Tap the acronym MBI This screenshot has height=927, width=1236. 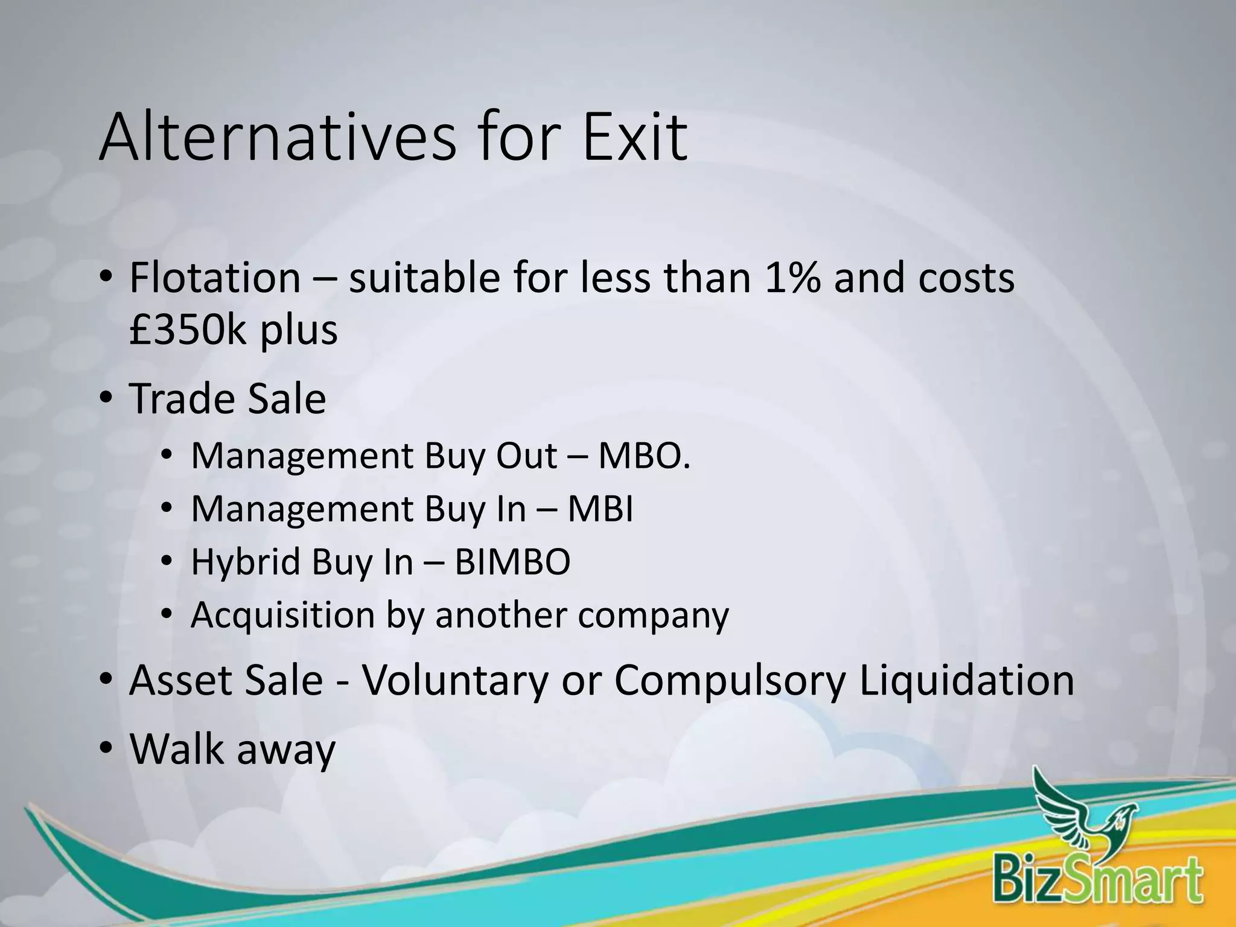pyautogui.click(x=600, y=509)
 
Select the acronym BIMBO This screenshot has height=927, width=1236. pyautogui.click(x=512, y=562)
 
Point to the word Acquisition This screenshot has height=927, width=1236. pyautogui.click(x=283, y=615)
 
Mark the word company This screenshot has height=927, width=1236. pyautogui.click(x=653, y=615)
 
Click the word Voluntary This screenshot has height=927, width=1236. pyautogui.click(x=455, y=680)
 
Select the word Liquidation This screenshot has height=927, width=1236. pyautogui.click(x=966, y=680)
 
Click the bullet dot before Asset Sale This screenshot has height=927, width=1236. pyautogui.click(x=106, y=680)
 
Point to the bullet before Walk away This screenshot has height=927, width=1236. pyautogui.click(x=106, y=749)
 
